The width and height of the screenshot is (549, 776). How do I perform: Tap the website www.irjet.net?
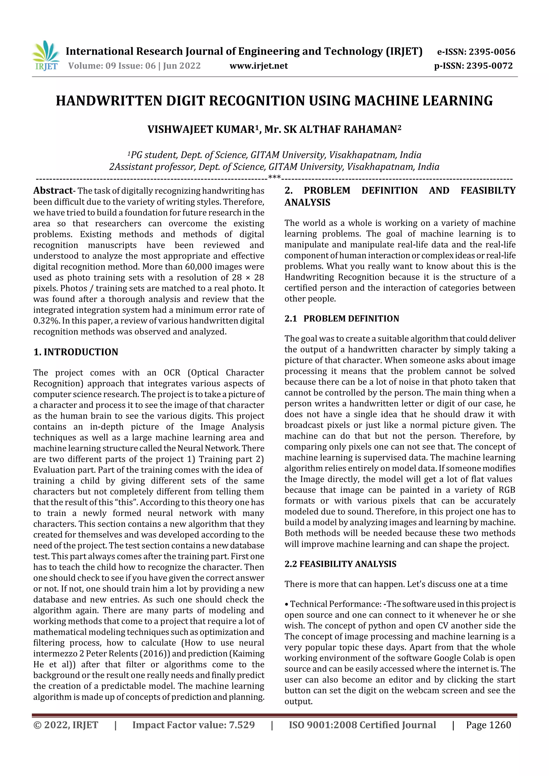coord(258,66)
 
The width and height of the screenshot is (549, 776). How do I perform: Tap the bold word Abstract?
coord(53,191)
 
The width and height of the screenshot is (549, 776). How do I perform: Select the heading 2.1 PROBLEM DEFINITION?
coord(342,318)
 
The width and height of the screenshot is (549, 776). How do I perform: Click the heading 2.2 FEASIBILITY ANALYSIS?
coord(340,564)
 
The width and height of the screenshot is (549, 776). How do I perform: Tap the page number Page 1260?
coord(488,725)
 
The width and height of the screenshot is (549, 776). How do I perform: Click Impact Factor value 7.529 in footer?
coord(194,725)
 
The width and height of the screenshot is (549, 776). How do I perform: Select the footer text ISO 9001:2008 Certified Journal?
coord(362,725)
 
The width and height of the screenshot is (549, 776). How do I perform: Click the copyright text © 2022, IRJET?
coord(66,725)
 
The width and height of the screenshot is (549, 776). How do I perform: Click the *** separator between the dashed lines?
coord(274,177)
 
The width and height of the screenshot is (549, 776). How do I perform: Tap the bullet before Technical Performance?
coord(287,604)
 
